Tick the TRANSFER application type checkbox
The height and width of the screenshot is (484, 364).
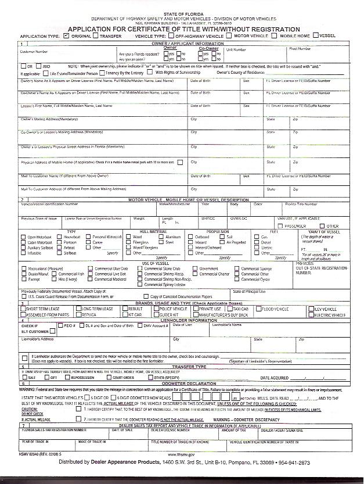pos(95,35)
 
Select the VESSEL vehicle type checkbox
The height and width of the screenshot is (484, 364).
pos(316,35)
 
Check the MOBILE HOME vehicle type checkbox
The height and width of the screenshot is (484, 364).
pos(276,35)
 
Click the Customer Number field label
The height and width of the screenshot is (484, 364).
pos(34,51)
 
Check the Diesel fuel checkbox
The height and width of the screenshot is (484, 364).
pos(257,243)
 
